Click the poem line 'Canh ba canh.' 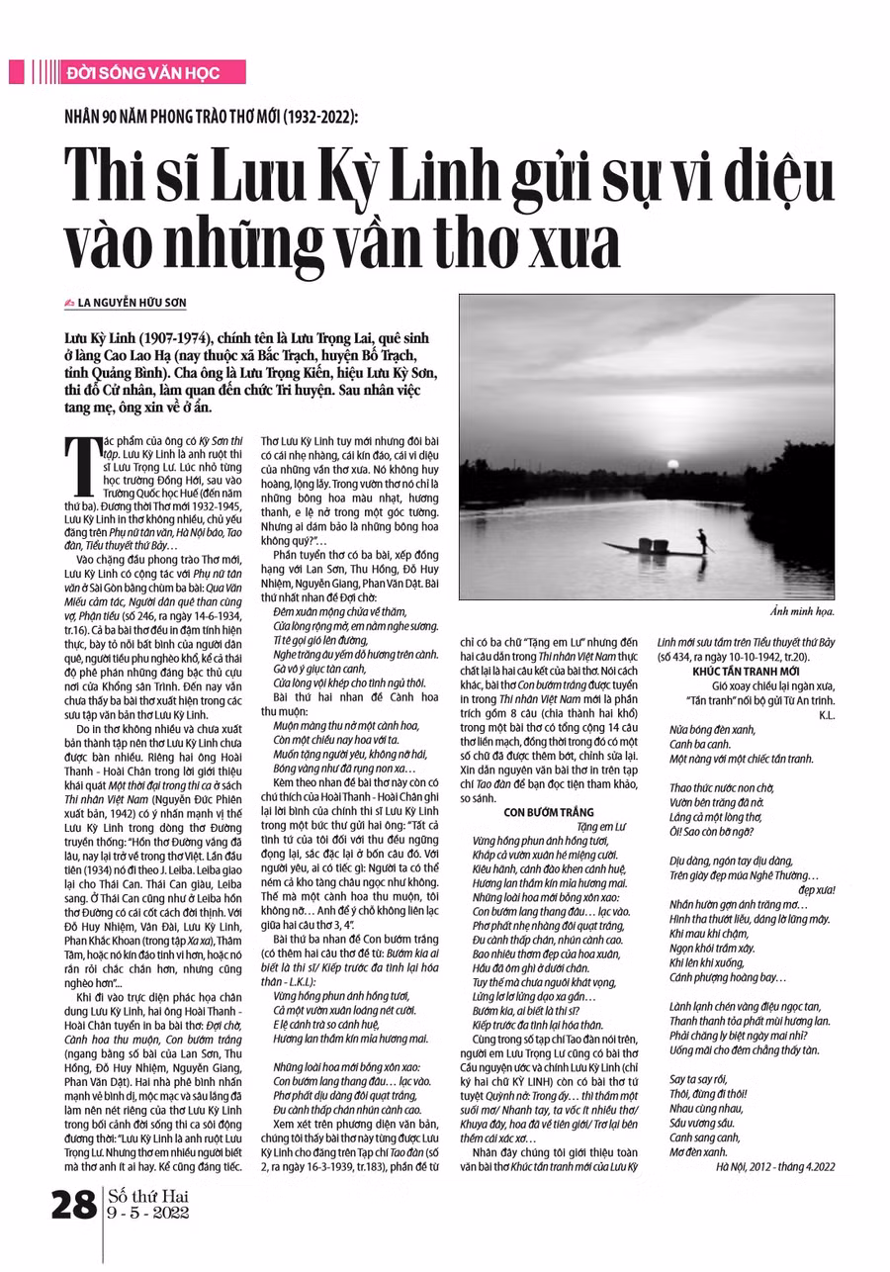pos(697,744)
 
